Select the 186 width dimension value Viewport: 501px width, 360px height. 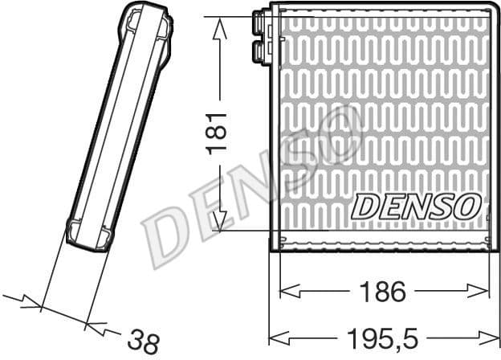point(384,292)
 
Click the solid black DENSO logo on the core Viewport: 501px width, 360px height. point(415,206)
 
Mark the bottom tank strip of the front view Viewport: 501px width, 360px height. point(384,241)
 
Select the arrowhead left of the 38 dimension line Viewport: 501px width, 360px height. point(32,305)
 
